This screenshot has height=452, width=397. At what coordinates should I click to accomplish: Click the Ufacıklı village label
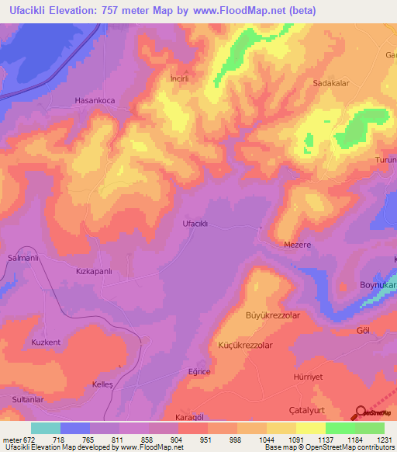point(195,224)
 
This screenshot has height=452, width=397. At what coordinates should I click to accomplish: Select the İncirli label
point(180,78)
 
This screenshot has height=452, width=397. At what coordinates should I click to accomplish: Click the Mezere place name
point(296,245)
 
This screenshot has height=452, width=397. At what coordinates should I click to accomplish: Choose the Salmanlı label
point(22,258)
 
